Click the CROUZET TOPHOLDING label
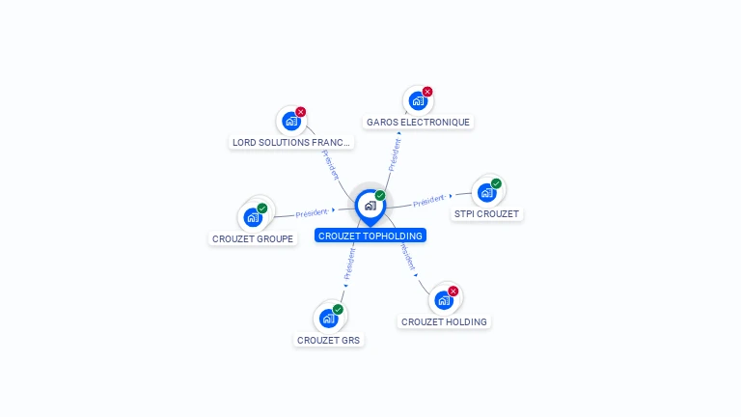(x=370, y=236)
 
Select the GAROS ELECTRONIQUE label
(x=418, y=123)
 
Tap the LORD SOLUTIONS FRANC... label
(x=291, y=142)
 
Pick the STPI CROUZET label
(x=486, y=213)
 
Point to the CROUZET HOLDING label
(x=444, y=321)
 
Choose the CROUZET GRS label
(x=329, y=340)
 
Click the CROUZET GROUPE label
(x=253, y=238)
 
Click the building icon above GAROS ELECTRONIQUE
(x=417, y=100)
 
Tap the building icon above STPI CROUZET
(x=486, y=192)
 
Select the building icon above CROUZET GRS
(x=328, y=318)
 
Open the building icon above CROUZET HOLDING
(x=443, y=299)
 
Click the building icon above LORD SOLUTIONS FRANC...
(x=290, y=121)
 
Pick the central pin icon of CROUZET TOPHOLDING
(x=370, y=205)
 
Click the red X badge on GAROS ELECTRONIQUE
(x=427, y=92)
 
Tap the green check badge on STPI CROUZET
(x=496, y=183)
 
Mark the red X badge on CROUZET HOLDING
(x=453, y=291)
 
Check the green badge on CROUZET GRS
(x=338, y=310)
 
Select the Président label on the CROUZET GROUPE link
(x=312, y=212)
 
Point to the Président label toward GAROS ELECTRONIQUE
(x=395, y=154)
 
